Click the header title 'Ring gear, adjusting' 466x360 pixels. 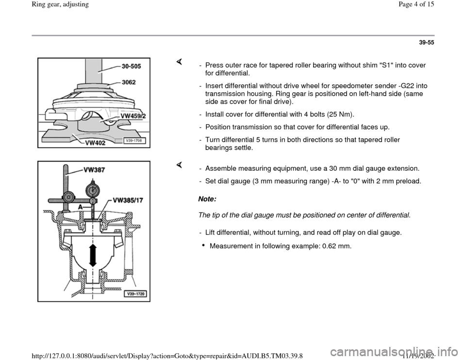[x=32, y=5]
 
